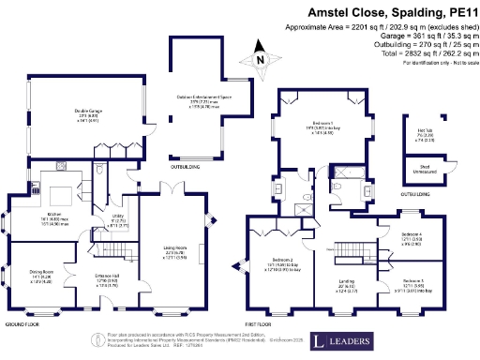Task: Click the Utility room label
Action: (x=118, y=221)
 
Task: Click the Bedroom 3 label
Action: (x=411, y=284)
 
